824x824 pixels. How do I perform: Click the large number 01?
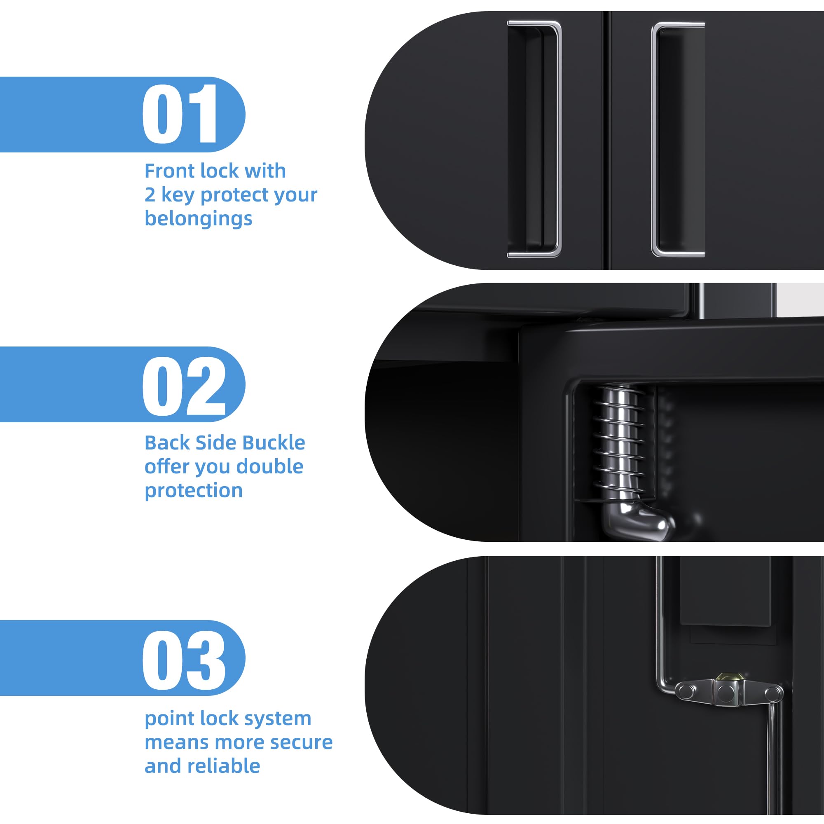(x=180, y=114)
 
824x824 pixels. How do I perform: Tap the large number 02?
(x=184, y=386)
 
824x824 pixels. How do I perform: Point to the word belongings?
(x=198, y=220)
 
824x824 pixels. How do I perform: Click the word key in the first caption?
(x=178, y=195)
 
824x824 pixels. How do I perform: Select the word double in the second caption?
(x=269, y=467)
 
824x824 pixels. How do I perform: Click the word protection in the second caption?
(x=194, y=492)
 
